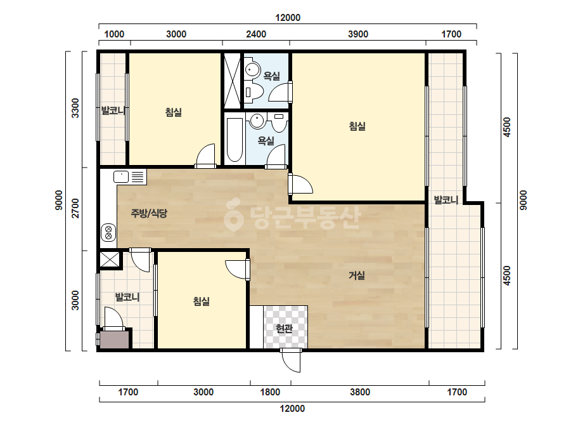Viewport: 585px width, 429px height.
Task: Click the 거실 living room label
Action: click(356, 275)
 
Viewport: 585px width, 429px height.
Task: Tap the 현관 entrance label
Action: click(284, 329)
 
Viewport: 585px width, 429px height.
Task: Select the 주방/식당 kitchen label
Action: click(149, 213)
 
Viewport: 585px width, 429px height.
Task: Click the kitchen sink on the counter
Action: click(121, 177)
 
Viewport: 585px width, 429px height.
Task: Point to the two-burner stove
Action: click(108, 232)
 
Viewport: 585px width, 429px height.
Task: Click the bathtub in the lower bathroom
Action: click(235, 140)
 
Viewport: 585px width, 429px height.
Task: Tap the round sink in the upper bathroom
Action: click(253, 69)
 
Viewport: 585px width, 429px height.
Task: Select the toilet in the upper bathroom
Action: click(254, 91)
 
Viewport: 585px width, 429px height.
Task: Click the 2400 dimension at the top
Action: click(256, 34)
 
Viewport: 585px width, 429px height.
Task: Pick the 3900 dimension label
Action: click(358, 34)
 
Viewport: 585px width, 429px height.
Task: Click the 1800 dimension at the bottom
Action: click(270, 392)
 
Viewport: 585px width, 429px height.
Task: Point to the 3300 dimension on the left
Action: click(75, 108)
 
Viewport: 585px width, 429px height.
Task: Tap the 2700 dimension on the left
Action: click(75, 208)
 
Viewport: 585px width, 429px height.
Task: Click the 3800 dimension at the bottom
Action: click(359, 392)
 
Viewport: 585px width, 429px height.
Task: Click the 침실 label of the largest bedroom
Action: click(357, 126)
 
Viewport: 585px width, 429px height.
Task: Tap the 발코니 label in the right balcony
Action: click(446, 201)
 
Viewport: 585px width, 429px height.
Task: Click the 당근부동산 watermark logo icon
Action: click(233, 214)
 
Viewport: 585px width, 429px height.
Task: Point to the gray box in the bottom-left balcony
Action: click(115, 340)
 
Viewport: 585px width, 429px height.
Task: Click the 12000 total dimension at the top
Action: click(288, 18)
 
